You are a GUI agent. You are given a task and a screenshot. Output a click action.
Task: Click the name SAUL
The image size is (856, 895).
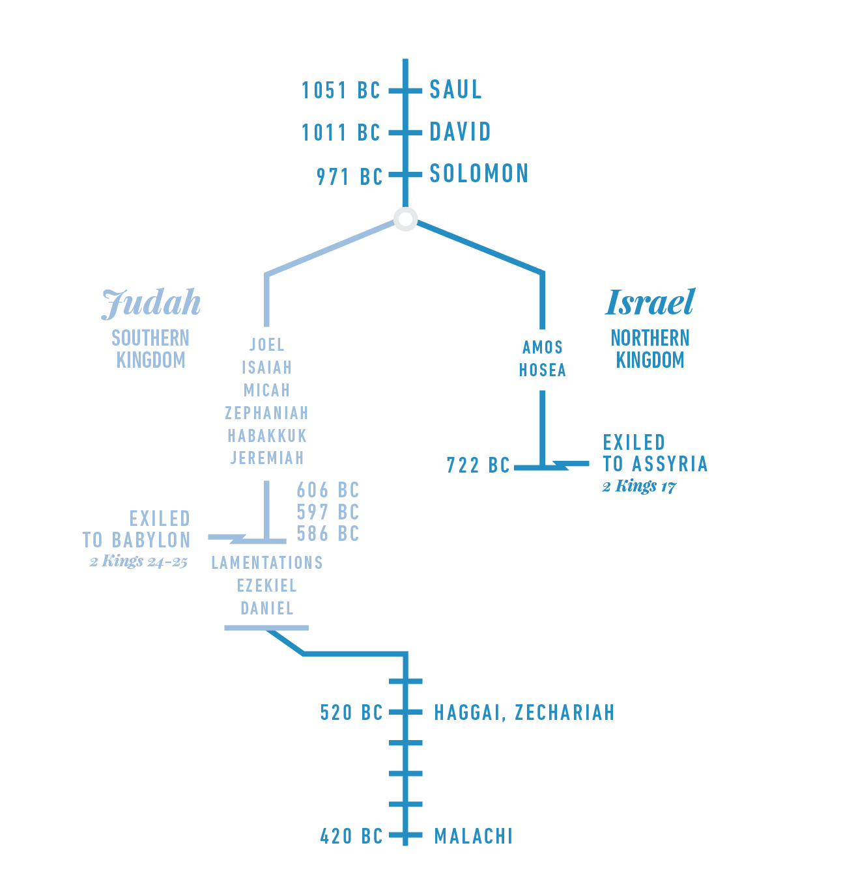pyautogui.click(x=455, y=90)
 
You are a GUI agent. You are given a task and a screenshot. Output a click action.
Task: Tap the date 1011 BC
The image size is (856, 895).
pyautogui.click(x=340, y=133)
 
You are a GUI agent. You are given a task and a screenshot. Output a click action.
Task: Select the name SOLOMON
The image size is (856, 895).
pyautogui.click(x=479, y=174)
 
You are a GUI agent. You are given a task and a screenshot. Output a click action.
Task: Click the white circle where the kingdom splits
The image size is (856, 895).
pyautogui.click(x=406, y=219)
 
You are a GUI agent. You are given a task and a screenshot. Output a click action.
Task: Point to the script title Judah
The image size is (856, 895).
pyautogui.click(x=151, y=303)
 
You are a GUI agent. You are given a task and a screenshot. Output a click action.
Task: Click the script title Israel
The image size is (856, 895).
pyautogui.click(x=650, y=302)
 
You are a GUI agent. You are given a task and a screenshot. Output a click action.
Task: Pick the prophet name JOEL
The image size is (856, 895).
pyautogui.click(x=267, y=344)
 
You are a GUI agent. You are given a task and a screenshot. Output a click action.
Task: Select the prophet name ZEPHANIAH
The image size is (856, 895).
pyautogui.click(x=267, y=413)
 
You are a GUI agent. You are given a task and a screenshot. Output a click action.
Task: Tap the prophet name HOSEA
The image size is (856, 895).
pyautogui.click(x=543, y=370)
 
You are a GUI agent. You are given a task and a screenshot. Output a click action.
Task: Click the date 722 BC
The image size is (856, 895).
pyautogui.click(x=478, y=465)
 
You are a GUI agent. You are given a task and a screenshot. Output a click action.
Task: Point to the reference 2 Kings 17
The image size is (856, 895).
pyautogui.click(x=639, y=486)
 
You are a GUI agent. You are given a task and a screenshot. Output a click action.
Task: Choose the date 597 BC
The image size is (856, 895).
pyautogui.click(x=328, y=512)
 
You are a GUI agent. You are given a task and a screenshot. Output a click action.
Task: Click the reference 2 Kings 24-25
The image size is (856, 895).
pyautogui.click(x=139, y=561)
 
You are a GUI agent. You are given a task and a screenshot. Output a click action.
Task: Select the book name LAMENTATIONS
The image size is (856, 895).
pyautogui.click(x=267, y=562)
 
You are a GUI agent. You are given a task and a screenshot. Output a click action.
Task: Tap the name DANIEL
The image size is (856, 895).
pyautogui.click(x=267, y=608)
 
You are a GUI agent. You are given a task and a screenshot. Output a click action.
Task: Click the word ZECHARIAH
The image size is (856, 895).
pyautogui.click(x=564, y=713)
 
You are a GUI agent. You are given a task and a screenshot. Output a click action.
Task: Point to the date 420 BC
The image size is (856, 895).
pyautogui.click(x=351, y=836)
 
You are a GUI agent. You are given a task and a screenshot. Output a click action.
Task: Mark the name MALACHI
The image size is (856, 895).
pyautogui.click(x=474, y=836)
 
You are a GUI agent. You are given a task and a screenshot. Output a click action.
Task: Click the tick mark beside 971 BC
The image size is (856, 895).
pyautogui.click(x=405, y=174)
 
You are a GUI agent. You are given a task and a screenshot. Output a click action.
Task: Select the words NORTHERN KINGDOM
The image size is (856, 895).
pyautogui.click(x=650, y=349)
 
